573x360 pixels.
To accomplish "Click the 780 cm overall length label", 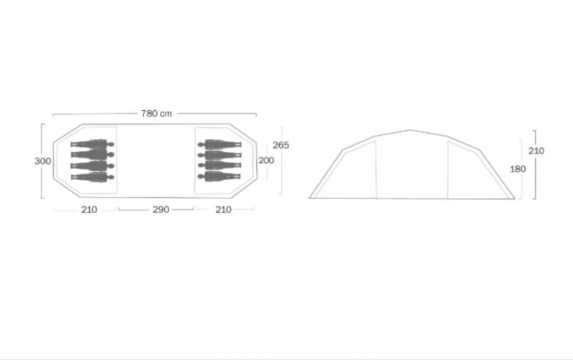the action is [x=157, y=113].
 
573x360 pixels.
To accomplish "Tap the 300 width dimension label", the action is [x=43, y=161].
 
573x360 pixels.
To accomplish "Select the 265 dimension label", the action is [x=281, y=145].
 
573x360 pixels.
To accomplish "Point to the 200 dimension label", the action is [x=266, y=160].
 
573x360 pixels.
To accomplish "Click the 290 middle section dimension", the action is [x=161, y=209].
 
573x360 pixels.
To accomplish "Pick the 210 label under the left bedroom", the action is [x=89, y=209].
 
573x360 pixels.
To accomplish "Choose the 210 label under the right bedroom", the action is [x=223, y=209].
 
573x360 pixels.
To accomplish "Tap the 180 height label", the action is [x=518, y=169].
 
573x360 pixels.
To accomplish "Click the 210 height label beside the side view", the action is [x=536, y=151].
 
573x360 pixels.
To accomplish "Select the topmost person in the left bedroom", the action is [x=92, y=144].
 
